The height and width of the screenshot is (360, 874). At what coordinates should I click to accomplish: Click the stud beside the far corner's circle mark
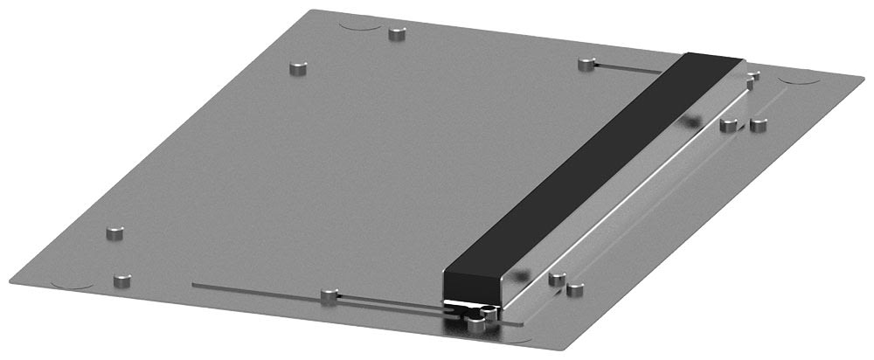tap(399, 34)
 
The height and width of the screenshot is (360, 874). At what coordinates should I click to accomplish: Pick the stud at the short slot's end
tap(585, 63)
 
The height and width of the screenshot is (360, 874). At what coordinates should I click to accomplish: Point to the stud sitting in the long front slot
tap(329, 296)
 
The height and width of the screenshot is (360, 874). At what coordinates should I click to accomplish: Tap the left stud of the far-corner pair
tap(298, 66)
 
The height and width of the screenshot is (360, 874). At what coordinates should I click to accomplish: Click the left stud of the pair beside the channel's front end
tap(555, 280)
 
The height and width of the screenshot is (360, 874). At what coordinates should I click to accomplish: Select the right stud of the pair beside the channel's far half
tap(758, 124)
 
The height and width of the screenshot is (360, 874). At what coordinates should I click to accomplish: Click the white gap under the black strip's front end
tap(463, 303)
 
